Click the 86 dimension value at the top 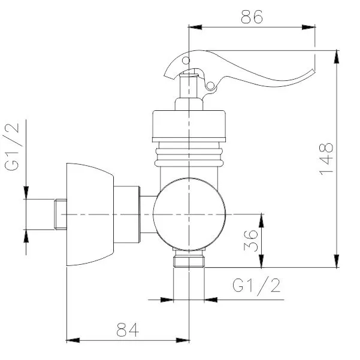[252, 17]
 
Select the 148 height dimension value [325, 159]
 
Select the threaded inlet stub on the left [45, 214]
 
